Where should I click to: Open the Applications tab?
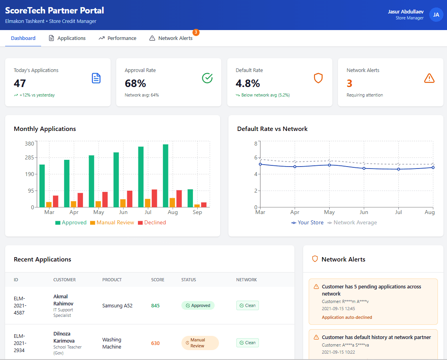point(67,38)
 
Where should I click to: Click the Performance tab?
point(117,38)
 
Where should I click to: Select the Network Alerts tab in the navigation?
point(171,38)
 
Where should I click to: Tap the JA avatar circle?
point(436,15)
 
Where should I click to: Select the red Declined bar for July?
point(155,198)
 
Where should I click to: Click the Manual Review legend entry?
point(112,223)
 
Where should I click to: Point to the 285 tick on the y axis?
point(30,157)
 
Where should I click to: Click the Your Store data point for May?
point(329,165)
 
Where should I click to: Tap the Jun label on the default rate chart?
point(364,212)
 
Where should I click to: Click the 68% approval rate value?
point(136,83)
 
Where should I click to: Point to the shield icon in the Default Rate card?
point(318,78)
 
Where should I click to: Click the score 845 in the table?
point(155,305)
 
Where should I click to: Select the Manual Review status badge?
point(200,343)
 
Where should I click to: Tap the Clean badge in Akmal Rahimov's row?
point(247,305)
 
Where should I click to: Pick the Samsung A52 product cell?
point(117,305)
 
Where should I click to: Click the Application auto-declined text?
point(347,317)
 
